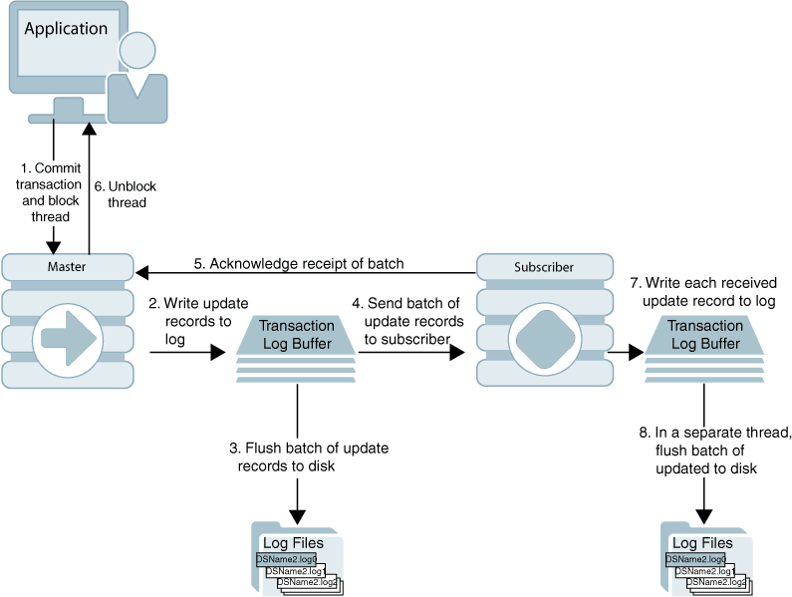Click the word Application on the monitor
66,29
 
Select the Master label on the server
68,267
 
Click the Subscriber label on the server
543,267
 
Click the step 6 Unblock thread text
125,194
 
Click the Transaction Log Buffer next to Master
297,335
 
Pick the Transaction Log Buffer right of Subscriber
705,335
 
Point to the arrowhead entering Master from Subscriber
142,271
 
